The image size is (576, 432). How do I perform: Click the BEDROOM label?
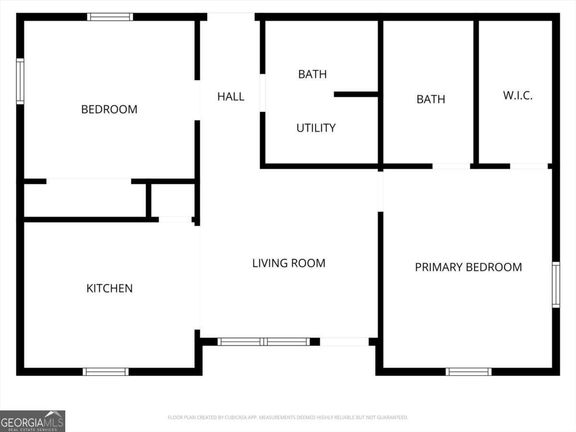pos(109,109)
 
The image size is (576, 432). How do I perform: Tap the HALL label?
pos(231,96)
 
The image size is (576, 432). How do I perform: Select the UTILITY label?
pos(316,128)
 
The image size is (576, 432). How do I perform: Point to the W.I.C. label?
pos(518,96)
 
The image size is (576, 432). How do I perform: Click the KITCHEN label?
pos(109,288)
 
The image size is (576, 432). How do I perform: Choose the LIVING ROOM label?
pos(288,263)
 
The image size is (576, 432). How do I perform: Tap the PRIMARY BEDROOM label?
pos(468,267)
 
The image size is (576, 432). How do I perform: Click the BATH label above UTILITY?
pos(312,74)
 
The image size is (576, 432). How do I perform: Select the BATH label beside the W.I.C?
pos(431,99)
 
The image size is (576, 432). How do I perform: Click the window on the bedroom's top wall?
pos(110,17)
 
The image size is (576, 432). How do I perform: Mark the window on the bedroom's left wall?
pos(20,81)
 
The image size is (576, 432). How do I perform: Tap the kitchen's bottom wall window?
pos(106,372)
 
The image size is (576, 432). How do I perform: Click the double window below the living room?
pos(264,342)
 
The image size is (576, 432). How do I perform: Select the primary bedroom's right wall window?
pos(556,285)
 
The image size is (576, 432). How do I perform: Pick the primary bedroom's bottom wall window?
pos(468,372)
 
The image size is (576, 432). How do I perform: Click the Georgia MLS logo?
pos(33,421)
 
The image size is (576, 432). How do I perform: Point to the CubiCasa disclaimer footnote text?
pos(288,417)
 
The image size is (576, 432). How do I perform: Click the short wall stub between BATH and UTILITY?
pos(356,95)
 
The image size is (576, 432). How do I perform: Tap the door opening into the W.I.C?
pos(529,166)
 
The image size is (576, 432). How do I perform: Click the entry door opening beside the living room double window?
pos(344,342)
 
